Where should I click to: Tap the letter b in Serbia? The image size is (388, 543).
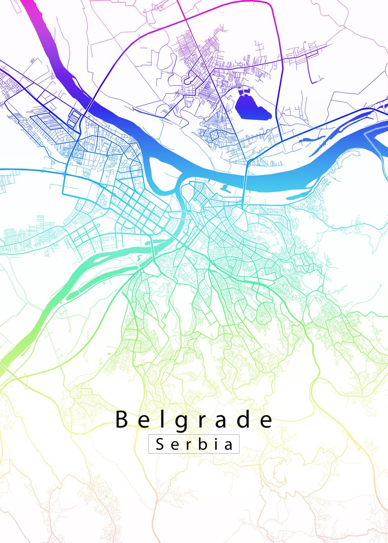202,443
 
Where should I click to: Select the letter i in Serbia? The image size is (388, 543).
216,443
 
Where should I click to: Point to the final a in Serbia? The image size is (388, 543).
229,445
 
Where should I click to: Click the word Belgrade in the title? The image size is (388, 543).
194,420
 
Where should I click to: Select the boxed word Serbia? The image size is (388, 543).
194,444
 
